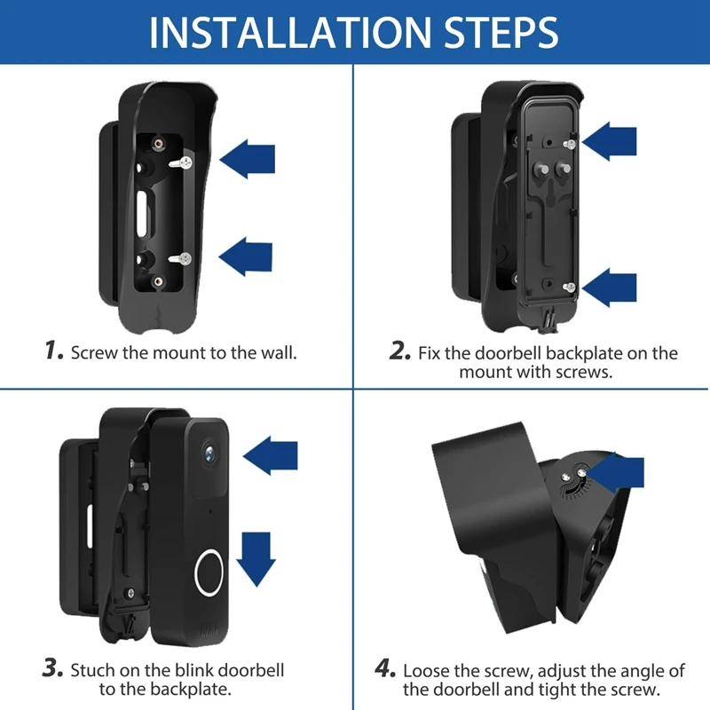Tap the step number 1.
(54, 351)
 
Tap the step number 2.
(399, 351)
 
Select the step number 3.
(54, 669)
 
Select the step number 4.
(387, 669)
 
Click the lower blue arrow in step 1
(246, 258)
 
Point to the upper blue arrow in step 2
(610, 142)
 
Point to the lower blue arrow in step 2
(610, 286)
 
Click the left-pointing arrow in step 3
(270, 456)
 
